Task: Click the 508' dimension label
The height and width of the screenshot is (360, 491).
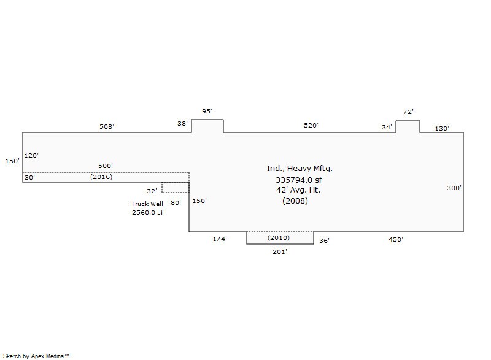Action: click(107, 126)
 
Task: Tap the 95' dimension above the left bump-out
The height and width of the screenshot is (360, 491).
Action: click(207, 111)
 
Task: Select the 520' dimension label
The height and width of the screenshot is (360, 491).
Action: click(311, 126)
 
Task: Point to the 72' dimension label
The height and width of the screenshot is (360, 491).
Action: click(408, 112)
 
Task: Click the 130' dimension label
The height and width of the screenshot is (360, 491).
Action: click(442, 129)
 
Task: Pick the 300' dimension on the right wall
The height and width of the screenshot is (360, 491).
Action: click(454, 188)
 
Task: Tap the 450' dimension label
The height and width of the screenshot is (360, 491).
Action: click(396, 239)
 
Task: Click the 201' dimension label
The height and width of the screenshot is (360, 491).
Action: click(280, 251)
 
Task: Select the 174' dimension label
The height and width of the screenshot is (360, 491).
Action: click(220, 239)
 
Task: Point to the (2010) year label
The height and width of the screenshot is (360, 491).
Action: click(279, 237)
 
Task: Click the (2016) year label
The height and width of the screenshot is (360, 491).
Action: click(101, 177)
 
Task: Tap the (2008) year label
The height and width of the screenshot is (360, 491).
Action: click(295, 201)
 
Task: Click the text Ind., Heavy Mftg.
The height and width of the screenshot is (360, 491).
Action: click(300, 168)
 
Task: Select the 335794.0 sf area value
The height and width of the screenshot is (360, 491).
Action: click(298, 180)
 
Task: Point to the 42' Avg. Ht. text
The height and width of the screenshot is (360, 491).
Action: click(298, 190)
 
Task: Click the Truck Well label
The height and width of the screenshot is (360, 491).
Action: click(147, 204)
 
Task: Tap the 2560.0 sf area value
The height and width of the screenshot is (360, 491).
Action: click(147, 212)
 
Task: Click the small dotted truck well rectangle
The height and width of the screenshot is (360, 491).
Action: click(176, 188)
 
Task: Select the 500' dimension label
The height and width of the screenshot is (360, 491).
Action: click(106, 166)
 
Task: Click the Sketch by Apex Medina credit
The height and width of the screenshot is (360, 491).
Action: click(36, 356)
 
